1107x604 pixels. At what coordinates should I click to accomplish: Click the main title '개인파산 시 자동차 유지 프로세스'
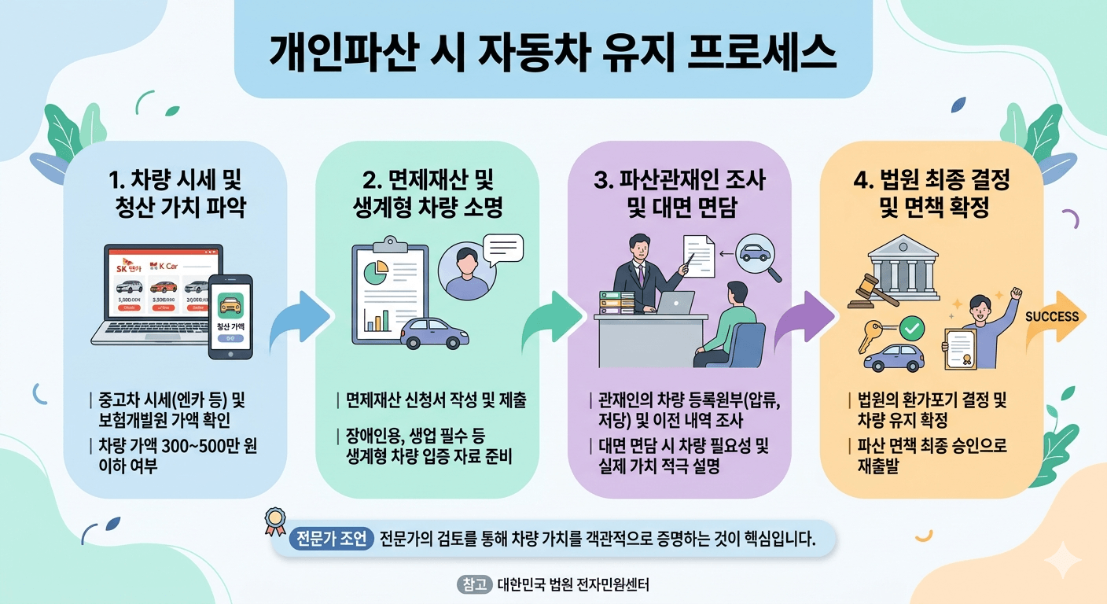point(553,53)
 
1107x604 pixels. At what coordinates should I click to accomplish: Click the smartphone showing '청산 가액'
point(230,316)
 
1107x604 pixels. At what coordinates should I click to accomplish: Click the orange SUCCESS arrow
point(1054,317)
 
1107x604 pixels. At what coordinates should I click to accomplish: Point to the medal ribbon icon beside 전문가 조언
point(275,520)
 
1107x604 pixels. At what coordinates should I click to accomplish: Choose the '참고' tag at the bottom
point(473,585)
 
